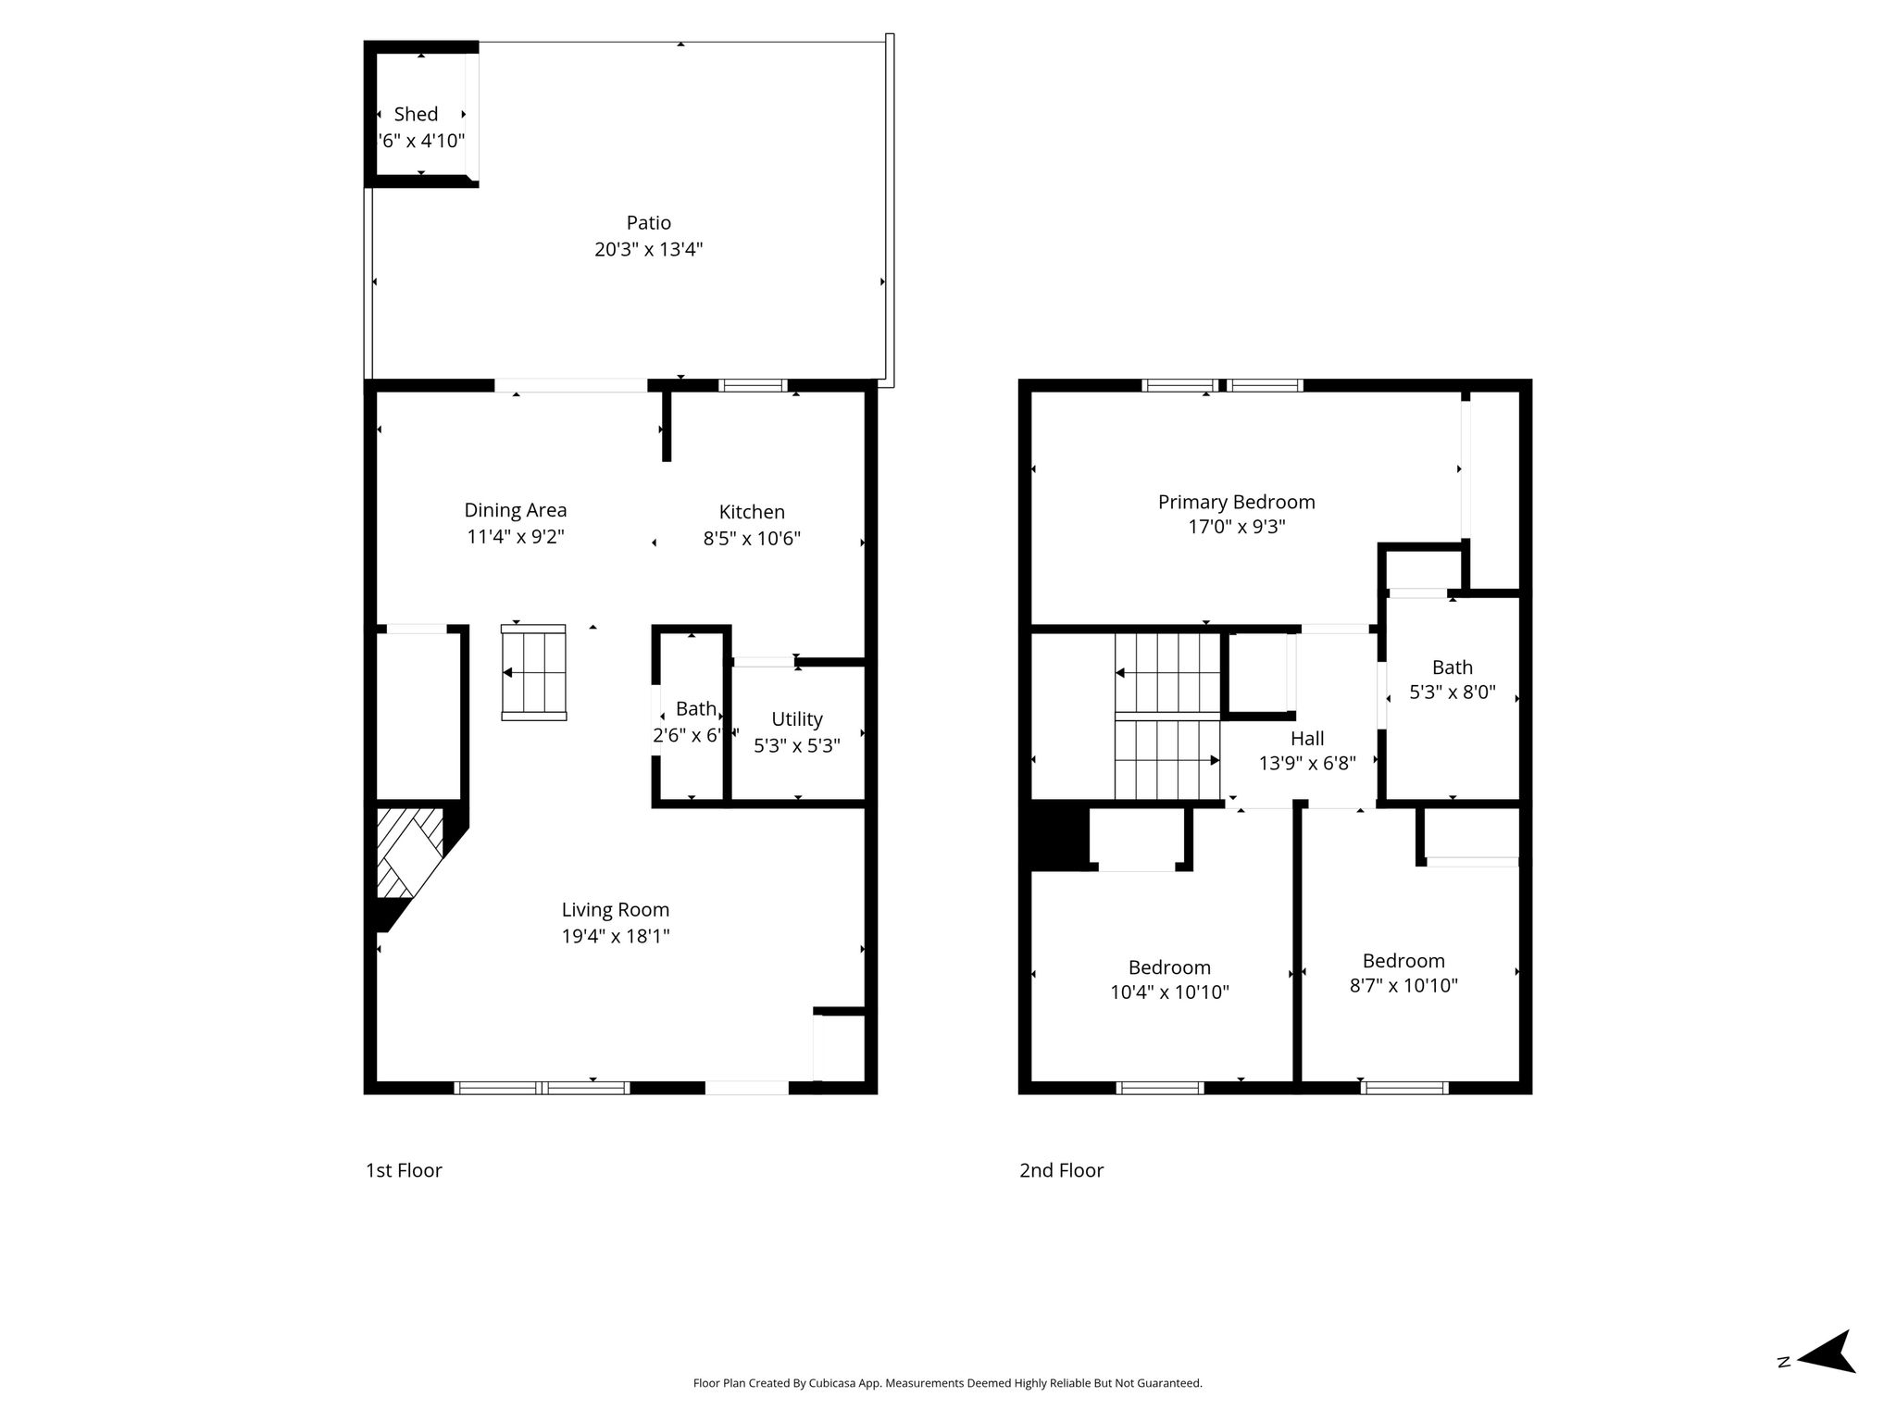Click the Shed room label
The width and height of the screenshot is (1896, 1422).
[416, 114]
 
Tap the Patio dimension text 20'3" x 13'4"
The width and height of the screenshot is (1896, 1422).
[648, 249]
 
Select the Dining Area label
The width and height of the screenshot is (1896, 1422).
[515, 510]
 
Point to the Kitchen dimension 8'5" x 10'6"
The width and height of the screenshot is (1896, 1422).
[752, 538]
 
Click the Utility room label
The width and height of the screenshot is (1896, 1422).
[797, 719]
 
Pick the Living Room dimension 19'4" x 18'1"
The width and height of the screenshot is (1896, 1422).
[616, 936]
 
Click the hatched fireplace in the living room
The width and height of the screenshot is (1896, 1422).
[410, 853]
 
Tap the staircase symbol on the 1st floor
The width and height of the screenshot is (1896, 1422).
[533, 672]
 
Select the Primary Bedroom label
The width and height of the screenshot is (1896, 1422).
[1236, 502]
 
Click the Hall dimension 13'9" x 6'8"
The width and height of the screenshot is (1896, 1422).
[1307, 764]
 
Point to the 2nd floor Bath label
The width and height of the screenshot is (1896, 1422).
[1452, 667]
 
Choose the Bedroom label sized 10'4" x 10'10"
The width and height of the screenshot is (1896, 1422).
[1169, 967]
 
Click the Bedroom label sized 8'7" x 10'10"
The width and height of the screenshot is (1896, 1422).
[1403, 961]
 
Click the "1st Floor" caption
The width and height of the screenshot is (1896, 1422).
[404, 1170]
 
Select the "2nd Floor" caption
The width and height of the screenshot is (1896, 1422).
[1061, 1170]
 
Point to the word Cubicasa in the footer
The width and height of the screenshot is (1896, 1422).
[831, 1383]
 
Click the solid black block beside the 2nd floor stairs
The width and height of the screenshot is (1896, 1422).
[1055, 837]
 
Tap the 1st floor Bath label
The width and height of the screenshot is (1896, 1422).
[695, 709]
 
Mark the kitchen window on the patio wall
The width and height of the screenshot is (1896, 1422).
[754, 385]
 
